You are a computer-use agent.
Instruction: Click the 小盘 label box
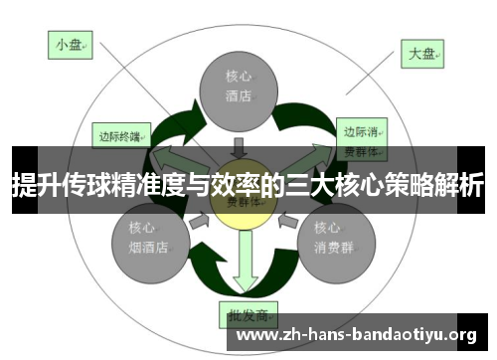[70, 45]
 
